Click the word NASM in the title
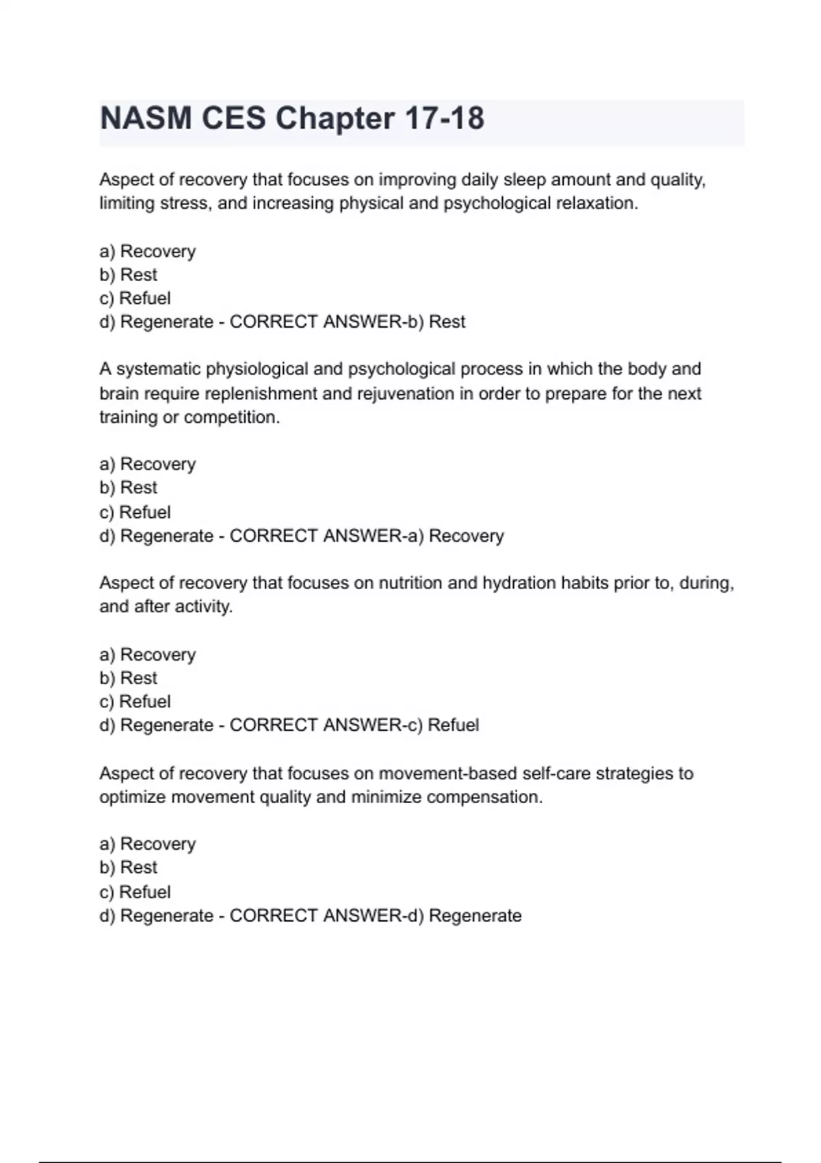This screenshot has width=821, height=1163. [x=146, y=118]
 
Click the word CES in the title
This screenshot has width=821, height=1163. [x=233, y=118]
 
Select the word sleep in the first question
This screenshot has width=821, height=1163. [x=525, y=180]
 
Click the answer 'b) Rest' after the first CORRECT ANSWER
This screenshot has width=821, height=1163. [x=436, y=322]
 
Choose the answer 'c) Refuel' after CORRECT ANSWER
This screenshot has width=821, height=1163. [x=443, y=725]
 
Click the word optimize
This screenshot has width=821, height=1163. [x=133, y=798]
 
